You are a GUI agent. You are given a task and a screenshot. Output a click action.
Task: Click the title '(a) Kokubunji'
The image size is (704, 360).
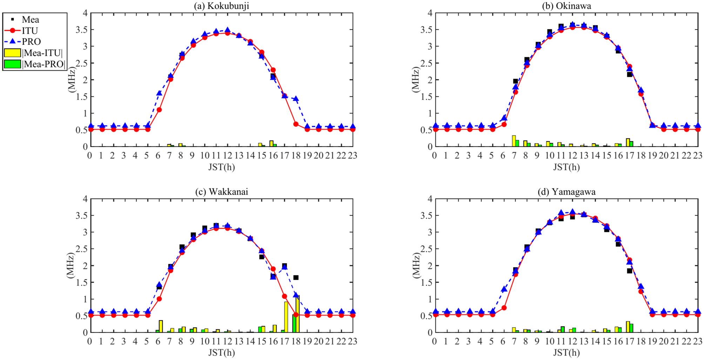(221, 6)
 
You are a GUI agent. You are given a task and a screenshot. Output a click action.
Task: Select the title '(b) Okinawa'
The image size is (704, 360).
(566, 6)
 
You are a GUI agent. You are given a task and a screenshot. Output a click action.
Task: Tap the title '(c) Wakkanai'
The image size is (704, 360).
(221, 192)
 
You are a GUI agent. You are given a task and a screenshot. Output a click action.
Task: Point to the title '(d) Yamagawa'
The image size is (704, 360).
(566, 192)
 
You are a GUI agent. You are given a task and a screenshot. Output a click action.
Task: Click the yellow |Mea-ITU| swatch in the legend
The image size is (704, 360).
(12, 53)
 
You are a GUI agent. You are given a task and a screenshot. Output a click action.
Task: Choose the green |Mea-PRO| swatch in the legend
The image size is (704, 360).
(12, 64)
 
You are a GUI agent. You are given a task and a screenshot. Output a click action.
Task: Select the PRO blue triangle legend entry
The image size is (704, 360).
(12, 41)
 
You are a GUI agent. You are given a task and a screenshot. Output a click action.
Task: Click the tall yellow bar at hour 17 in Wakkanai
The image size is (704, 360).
(286, 317)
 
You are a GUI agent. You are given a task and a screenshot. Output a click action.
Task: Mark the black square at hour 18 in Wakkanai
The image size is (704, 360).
(296, 278)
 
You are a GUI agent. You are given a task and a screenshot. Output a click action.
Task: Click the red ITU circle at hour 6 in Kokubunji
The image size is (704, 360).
(159, 110)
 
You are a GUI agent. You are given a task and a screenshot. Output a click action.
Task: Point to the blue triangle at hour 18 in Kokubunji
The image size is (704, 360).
(296, 99)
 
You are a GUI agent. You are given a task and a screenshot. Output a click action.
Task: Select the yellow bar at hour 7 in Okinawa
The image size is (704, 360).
(514, 141)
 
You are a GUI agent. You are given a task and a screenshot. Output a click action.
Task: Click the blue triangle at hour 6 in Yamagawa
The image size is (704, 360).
(504, 289)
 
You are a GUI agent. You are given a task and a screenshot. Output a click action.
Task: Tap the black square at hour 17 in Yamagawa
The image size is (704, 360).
(629, 271)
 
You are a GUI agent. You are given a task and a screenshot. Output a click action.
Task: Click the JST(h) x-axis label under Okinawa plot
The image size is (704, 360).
(566, 167)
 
